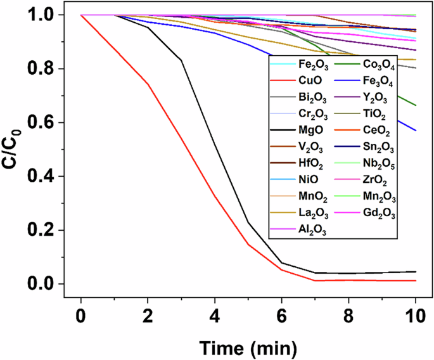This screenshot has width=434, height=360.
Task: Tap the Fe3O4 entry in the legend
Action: coord(378,81)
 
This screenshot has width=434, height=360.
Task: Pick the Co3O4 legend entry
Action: coord(378,64)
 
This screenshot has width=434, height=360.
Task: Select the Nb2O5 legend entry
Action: coord(379,165)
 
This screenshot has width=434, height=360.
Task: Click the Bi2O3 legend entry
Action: coord(311,98)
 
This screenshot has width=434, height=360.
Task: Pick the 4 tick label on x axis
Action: coord(215,314)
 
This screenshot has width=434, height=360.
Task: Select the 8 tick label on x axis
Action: coord(348,314)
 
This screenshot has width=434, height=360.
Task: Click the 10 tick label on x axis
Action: coord(415,314)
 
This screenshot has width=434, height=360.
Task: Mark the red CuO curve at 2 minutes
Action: coord(148,84)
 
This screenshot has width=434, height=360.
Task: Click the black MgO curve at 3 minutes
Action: coord(181,60)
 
